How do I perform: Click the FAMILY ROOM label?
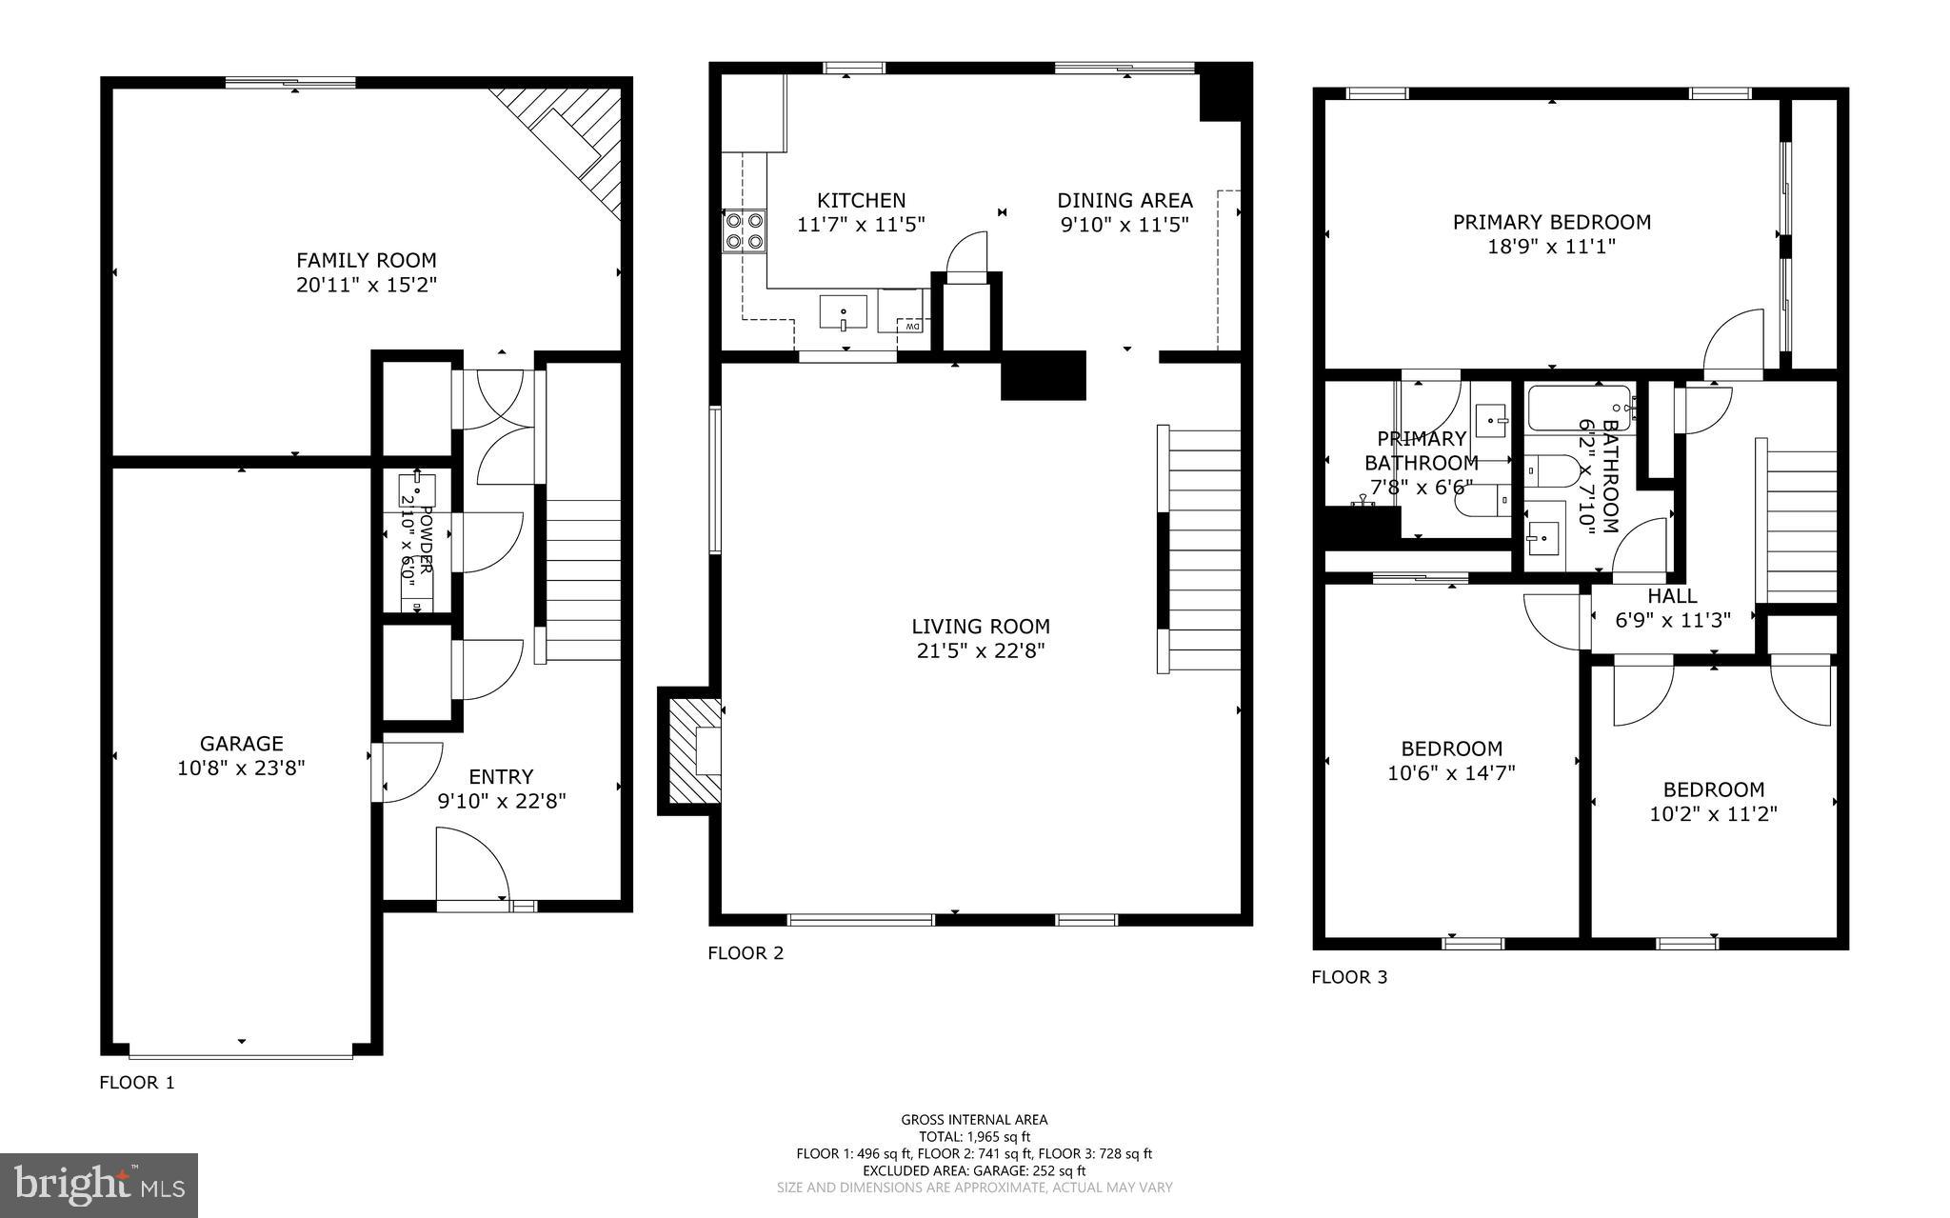(x=366, y=260)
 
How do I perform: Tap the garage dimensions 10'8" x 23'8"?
(x=241, y=768)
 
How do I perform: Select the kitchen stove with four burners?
(x=744, y=230)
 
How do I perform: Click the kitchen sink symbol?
(x=844, y=312)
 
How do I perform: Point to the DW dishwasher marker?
(x=911, y=327)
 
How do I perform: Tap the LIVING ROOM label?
(x=981, y=627)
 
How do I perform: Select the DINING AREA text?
(x=1124, y=201)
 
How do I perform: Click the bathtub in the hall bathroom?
(x=1580, y=409)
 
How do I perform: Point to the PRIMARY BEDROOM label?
(x=1551, y=222)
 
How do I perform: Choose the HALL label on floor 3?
(x=1672, y=596)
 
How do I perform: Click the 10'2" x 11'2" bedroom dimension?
(x=1713, y=814)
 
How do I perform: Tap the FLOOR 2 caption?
(x=746, y=953)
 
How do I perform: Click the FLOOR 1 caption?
(x=137, y=1083)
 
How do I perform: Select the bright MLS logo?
(x=99, y=1185)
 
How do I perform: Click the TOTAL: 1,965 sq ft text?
(x=974, y=1136)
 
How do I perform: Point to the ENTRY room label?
(x=501, y=777)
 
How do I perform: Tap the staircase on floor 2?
(x=1203, y=552)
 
